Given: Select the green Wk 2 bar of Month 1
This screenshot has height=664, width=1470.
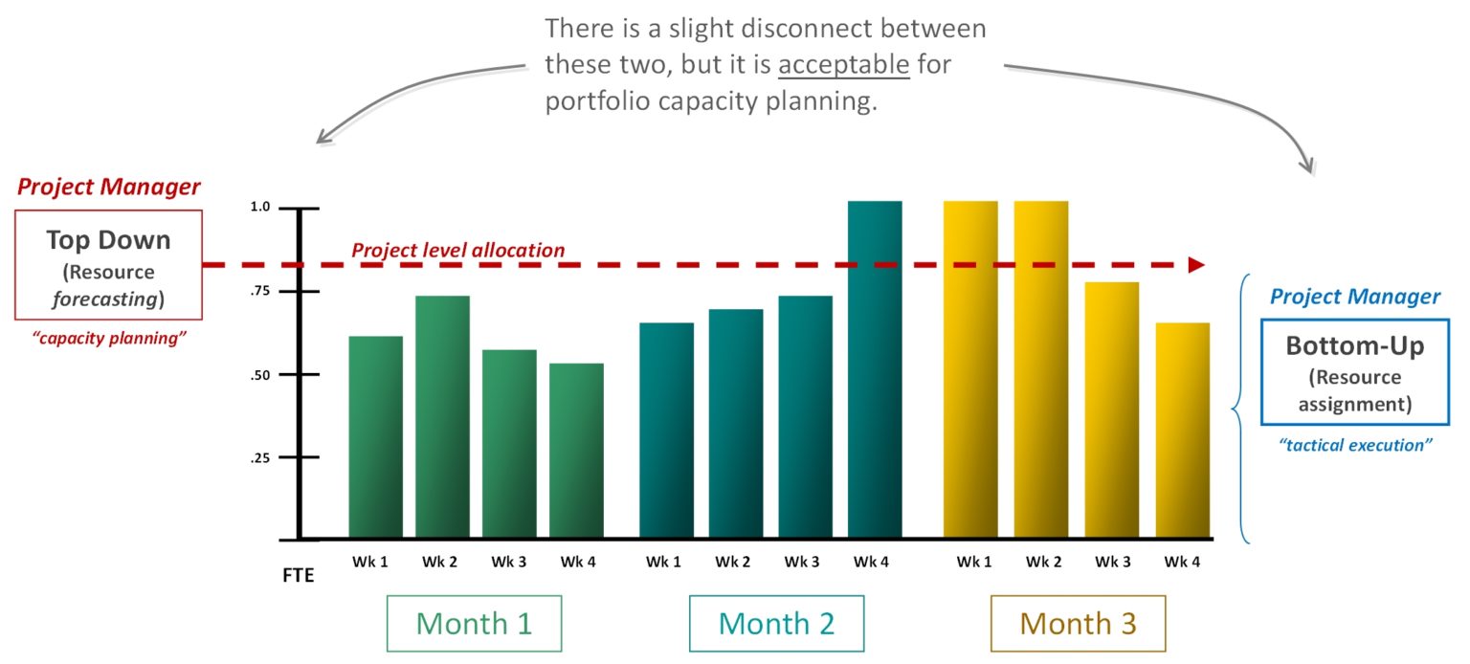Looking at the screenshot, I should (x=442, y=417).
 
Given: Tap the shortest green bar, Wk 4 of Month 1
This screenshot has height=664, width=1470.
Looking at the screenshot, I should (x=576, y=451).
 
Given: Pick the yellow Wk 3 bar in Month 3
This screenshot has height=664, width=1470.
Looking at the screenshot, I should (x=1111, y=410).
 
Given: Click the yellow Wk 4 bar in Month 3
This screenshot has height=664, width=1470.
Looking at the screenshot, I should (x=1182, y=431).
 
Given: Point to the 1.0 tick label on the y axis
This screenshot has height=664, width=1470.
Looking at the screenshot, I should (x=261, y=208).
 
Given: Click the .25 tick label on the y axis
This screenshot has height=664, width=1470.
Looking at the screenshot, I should (x=260, y=458).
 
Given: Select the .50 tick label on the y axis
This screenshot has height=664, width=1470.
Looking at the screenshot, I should (x=260, y=375).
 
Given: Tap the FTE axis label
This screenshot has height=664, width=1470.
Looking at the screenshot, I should (x=298, y=576).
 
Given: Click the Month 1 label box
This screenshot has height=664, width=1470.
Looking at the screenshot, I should (x=474, y=624).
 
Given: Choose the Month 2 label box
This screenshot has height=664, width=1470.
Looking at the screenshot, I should (x=776, y=624).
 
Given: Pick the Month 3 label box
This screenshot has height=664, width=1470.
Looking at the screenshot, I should (x=1078, y=624).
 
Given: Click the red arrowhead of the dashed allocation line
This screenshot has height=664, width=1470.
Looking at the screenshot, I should (x=1195, y=265).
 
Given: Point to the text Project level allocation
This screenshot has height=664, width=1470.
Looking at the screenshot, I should (x=457, y=251).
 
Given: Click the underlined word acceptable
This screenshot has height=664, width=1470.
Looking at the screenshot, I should (x=843, y=66).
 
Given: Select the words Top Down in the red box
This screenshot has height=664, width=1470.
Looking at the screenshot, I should (x=108, y=240).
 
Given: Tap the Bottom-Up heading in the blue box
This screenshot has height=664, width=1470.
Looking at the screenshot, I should (x=1354, y=345).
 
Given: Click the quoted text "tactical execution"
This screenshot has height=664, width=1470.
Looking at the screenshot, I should (x=1355, y=444).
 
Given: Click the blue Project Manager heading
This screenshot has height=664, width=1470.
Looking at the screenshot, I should (x=1354, y=297).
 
